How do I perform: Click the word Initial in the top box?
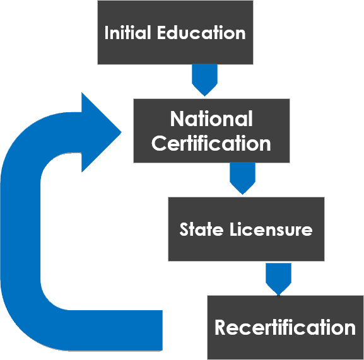tap(127, 33)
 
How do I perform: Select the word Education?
tap(201, 33)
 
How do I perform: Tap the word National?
tap(211, 119)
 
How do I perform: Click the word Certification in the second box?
tap(211, 143)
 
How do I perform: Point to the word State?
tap(201, 229)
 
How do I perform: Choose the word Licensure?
tap(271, 229)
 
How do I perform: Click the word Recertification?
tap(285, 327)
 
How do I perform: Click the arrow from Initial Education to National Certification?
tap(204, 80)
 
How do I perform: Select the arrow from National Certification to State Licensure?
tap(242, 178)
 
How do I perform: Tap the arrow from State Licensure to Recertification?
tap(278, 279)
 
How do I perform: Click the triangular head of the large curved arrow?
tap(101, 132)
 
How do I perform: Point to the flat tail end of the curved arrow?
tap(162, 330)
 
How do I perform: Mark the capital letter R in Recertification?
tap(220, 327)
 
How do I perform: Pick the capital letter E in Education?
tap(162, 33)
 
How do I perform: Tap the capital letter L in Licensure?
tap(234, 229)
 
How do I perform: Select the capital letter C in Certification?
tap(159, 143)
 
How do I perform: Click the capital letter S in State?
tap(184, 229)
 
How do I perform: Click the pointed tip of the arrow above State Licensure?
tap(242, 194)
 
